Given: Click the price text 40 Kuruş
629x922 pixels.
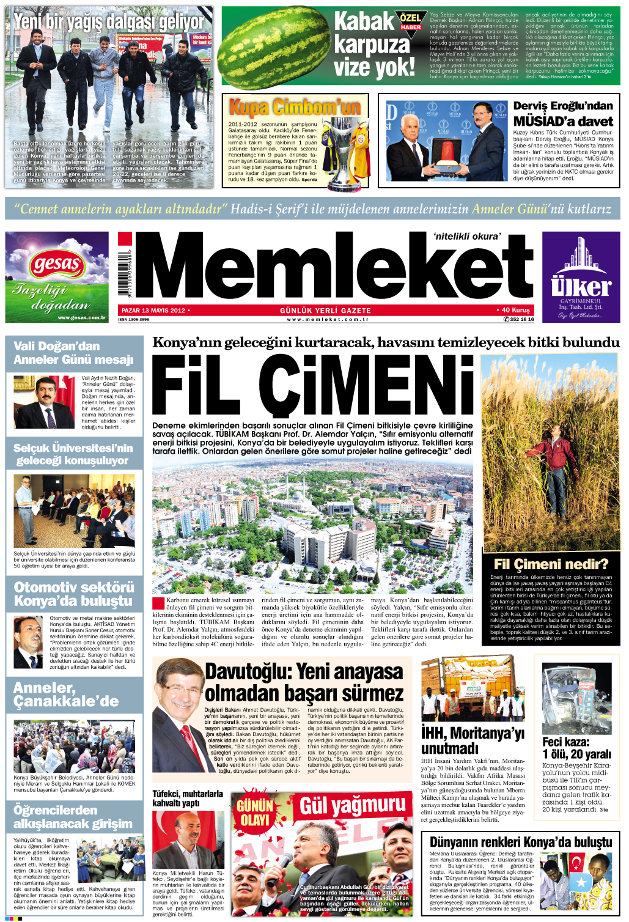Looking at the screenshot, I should point(515,310).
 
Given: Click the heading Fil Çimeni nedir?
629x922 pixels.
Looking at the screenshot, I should point(551,564).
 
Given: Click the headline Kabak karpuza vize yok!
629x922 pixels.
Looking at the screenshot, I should point(373,46).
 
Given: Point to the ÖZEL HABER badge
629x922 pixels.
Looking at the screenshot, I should point(410,21).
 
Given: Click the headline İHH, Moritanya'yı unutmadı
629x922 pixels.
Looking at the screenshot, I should point(473,740).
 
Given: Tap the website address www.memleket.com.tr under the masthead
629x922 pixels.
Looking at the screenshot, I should point(328,319).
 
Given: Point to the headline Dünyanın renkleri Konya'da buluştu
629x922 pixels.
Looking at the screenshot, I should point(520,841).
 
